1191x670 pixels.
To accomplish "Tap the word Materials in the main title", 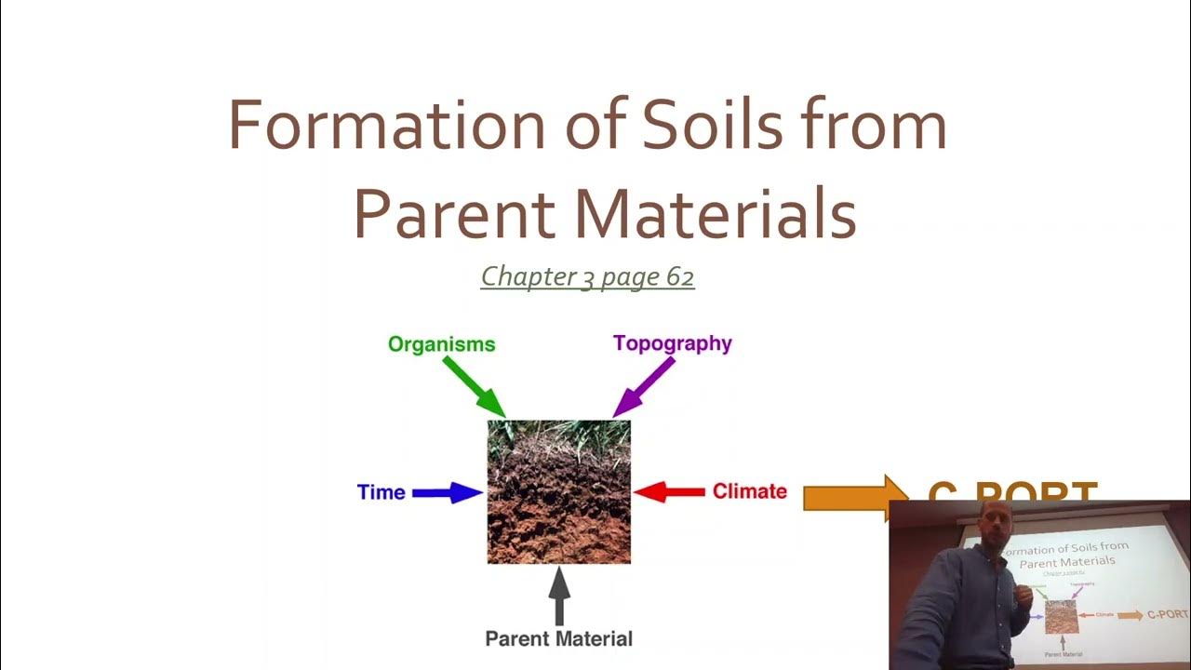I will click(x=715, y=214).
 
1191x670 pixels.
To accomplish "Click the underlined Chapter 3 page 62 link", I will click(x=587, y=276).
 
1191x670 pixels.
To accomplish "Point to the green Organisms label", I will click(x=442, y=344).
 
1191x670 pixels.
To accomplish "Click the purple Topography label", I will click(x=673, y=343).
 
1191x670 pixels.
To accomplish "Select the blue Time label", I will click(x=381, y=492).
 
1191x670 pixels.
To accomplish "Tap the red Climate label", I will click(x=750, y=491).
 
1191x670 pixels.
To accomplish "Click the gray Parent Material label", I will click(x=558, y=638).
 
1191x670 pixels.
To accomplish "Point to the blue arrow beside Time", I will click(x=448, y=492).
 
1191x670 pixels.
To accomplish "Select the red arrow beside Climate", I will click(x=669, y=491).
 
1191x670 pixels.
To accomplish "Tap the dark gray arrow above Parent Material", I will click(x=559, y=596).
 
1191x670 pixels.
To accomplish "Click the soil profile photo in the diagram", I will click(x=559, y=491).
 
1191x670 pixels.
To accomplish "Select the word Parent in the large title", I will click(x=454, y=214).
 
